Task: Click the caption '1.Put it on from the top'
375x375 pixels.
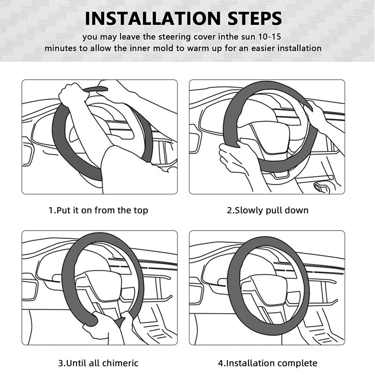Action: (98, 210)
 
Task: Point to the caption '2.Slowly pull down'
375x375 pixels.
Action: (268, 210)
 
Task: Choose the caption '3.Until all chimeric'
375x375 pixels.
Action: (98, 363)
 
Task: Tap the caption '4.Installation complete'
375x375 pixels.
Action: (268, 363)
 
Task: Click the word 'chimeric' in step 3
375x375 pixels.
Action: (122, 363)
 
